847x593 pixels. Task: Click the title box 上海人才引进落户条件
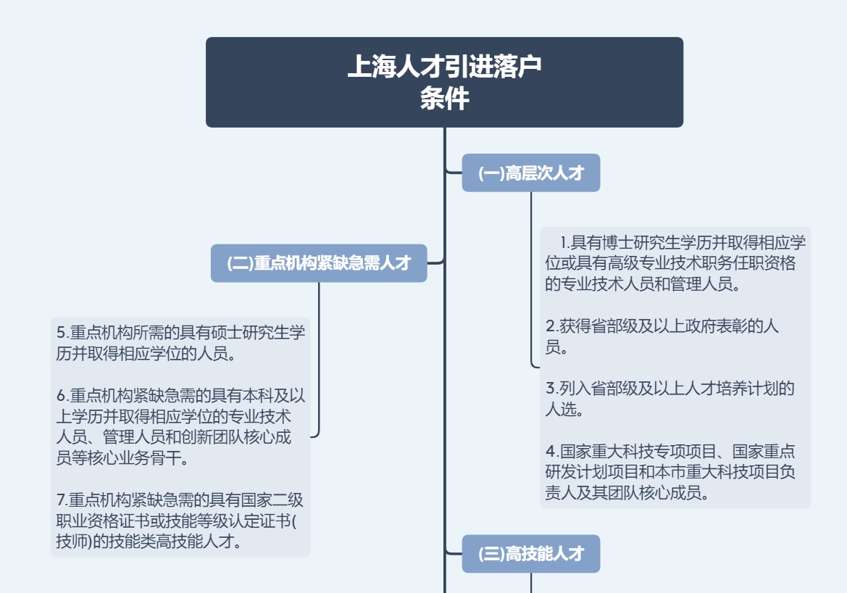coord(444,82)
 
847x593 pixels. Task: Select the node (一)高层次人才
coord(530,173)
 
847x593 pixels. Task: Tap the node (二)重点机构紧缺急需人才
coord(319,263)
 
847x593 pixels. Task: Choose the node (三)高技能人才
coord(530,554)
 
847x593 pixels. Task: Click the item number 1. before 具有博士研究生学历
coord(565,241)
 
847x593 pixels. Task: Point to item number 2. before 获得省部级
coord(551,325)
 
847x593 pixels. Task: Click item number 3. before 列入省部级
coord(551,388)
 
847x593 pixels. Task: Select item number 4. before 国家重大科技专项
coord(551,452)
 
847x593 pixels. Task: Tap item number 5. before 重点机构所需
coord(62,333)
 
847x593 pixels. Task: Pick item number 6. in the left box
coord(62,396)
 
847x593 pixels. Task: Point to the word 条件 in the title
coord(444,99)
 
